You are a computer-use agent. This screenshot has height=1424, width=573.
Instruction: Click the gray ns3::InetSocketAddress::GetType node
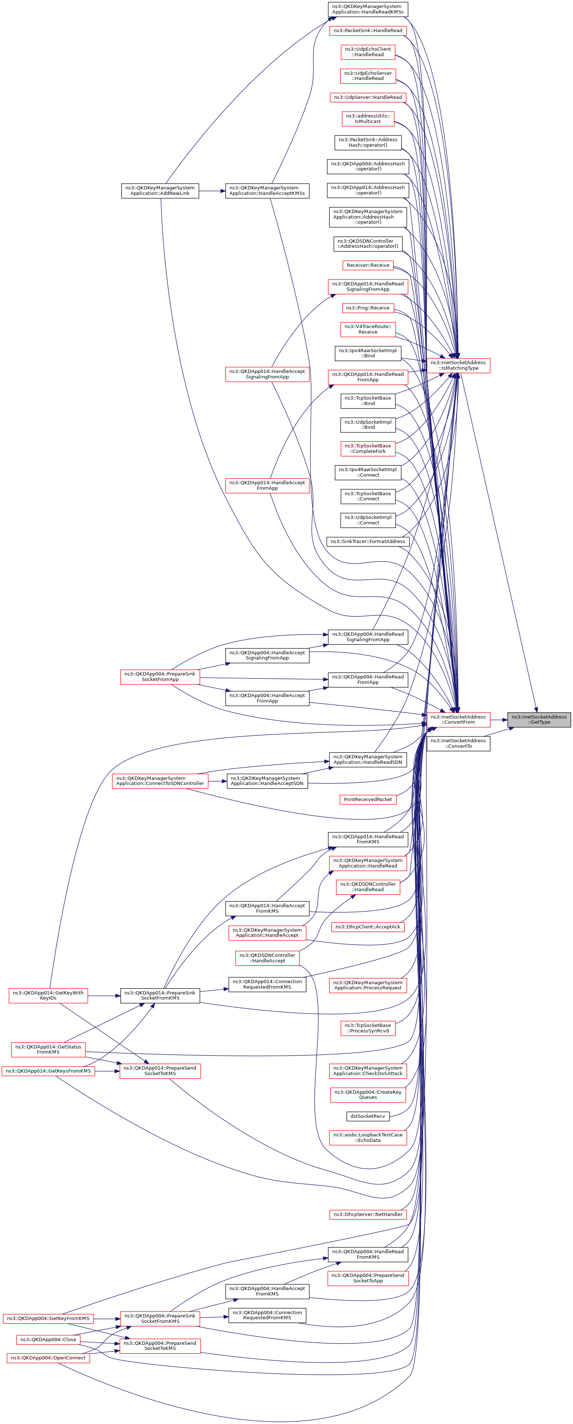[538, 719]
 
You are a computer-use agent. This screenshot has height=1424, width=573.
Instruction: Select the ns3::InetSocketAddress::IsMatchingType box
[458, 365]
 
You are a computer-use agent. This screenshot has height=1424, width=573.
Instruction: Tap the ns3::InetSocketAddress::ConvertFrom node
[458, 719]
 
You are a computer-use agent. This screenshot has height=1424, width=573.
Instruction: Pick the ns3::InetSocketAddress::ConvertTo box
[458, 743]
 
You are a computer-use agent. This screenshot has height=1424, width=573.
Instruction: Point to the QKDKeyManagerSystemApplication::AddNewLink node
[160, 191]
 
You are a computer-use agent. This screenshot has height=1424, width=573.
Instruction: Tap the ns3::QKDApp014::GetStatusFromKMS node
[48, 1049]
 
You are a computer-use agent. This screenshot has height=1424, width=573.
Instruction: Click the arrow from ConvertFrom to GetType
[498, 720]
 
